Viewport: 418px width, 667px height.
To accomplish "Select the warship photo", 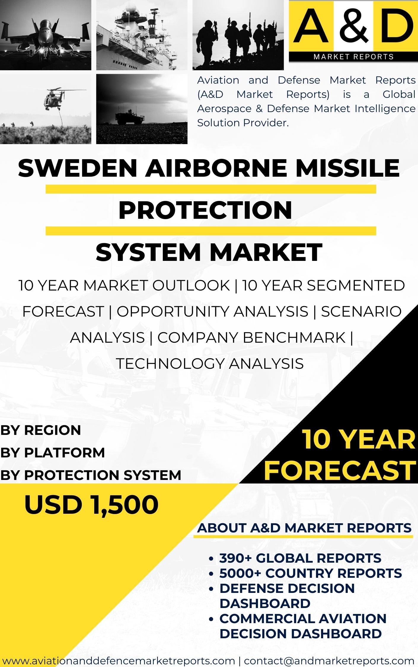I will [x=142, y=35].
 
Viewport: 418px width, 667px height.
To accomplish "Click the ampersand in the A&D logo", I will [x=353, y=26].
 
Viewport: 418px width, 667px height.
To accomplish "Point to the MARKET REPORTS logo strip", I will [x=353, y=57].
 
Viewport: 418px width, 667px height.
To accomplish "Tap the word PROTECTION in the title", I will [x=205, y=210].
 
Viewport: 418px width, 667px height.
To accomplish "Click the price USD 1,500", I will [x=91, y=505].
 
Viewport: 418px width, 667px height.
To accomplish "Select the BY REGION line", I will [x=41, y=430].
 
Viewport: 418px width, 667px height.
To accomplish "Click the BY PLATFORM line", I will [x=52, y=453].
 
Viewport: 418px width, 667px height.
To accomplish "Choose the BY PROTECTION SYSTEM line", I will [x=90, y=475].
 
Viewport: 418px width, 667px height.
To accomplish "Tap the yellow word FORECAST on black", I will [x=340, y=470].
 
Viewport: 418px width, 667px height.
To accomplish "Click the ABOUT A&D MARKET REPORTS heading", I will [x=304, y=528].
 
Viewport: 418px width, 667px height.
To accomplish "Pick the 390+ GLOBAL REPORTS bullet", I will [x=300, y=558].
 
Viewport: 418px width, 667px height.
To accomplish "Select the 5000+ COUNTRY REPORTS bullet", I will [x=310, y=573].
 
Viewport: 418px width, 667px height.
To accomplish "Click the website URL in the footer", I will [x=119, y=661].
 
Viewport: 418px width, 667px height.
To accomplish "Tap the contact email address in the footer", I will [x=329, y=661].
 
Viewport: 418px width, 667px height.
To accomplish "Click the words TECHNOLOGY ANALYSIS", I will [x=210, y=364].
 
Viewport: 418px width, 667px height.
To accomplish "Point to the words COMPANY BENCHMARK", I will [x=251, y=338].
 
